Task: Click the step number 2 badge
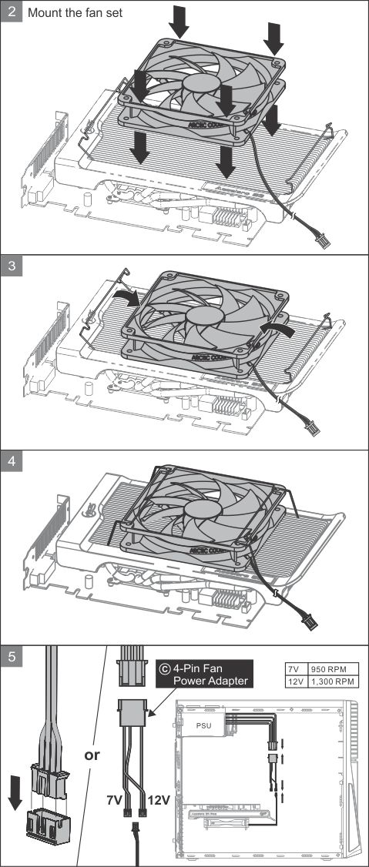pyautogui.click(x=11, y=12)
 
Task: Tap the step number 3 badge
pyautogui.click(x=11, y=266)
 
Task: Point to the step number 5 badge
pyautogui.click(x=11, y=657)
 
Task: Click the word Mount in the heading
pyautogui.click(x=45, y=13)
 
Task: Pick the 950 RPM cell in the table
pyautogui.click(x=332, y=669)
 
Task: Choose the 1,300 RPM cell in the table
pyautogui.click(x=332, y=681)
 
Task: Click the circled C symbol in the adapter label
pyautogui.click(x=164, y=668)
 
